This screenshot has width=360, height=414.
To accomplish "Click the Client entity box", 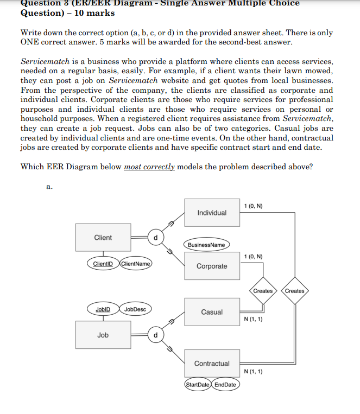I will click(103, 238).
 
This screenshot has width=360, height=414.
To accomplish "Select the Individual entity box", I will click(212, 212).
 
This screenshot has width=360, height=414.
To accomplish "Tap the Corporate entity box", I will click(212, 266).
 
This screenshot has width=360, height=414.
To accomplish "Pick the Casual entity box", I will click(212, 312).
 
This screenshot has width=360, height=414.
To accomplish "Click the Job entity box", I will click(103, 335).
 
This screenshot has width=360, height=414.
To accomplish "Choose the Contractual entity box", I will click(212, 363).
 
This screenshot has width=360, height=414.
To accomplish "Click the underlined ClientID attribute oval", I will click(102, 264).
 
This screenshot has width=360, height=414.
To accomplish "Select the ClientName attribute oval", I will click(135, 264).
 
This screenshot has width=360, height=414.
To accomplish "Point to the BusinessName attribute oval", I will click(206, 245).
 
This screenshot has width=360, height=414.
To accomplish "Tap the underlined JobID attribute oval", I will click(103, 309).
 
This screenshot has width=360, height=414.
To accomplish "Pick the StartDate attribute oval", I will click(198, 385).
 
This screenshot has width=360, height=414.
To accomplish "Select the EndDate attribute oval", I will click(225, 385).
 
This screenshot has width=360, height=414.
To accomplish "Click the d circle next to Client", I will click(156, 238).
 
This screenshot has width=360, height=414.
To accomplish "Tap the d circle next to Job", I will click(156, 335).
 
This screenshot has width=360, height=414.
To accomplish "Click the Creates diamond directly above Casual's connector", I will click(263, 291).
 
